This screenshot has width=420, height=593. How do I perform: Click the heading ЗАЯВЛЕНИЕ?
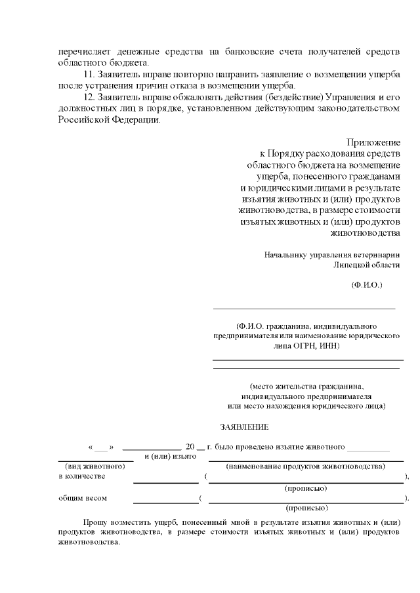coord(244,427)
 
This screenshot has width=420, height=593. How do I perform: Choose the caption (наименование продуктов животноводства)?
coord(305,466)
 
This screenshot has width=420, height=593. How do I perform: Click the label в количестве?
coord(82,476)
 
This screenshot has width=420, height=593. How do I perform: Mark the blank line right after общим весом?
coord(165,502)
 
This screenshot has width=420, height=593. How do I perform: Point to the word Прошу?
coord(96,523)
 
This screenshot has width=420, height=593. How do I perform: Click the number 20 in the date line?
coord(190,447)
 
